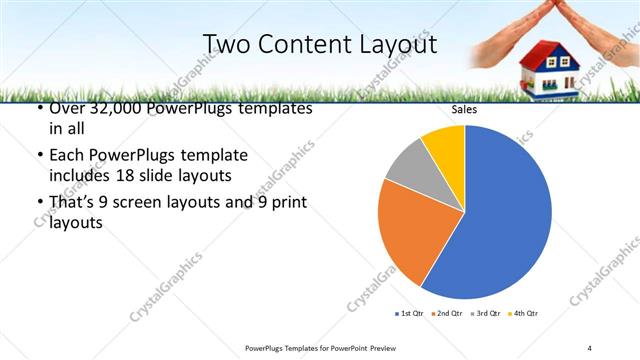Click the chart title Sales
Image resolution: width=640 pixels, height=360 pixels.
(x=464, y=109)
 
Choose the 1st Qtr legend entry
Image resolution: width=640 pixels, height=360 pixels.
(x=410, y=313)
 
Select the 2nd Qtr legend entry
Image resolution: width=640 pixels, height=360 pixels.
(x=447, y=313)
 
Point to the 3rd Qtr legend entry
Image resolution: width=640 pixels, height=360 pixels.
(x=485, y=313)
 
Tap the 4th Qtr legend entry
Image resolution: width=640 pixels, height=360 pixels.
(x=523, y=313)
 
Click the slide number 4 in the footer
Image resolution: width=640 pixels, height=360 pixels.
(x=590, y=347)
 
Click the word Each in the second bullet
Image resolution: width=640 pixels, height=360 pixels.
(x=66, y=156)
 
